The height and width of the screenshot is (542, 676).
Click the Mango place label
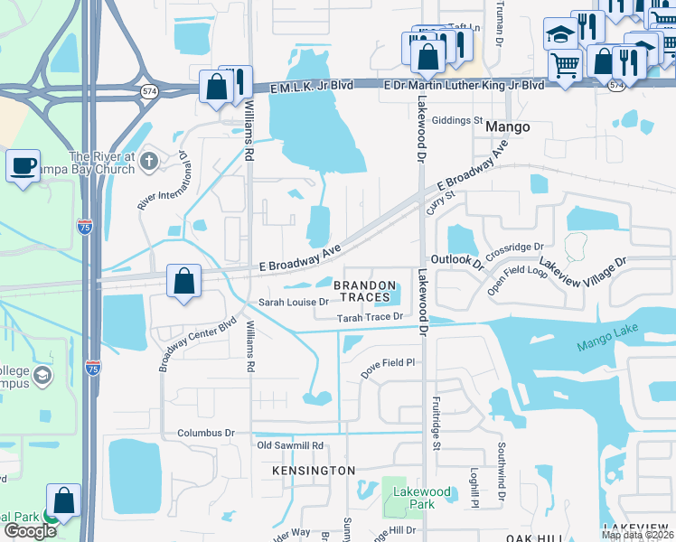pyautogui.click(x=507, y=127)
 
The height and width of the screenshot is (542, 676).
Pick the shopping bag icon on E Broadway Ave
pyautogui.click(x=183, y=281)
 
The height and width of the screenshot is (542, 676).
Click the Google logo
pyautogui.click(x=29, y=531)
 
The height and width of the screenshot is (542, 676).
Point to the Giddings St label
pyautogui.click(x=458, y=120)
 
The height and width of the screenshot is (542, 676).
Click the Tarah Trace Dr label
pyautogui.click(x=369, y=317)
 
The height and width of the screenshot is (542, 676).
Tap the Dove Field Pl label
pyautogui.click(x=387, y=363)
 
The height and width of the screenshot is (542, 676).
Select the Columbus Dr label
pyautogui.click(x=206, y=434)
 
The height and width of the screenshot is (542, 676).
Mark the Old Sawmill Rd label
pyautogui.click(x=290, y=445)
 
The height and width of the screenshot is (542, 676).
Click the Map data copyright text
pyautogui.click(x=637, y=536)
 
